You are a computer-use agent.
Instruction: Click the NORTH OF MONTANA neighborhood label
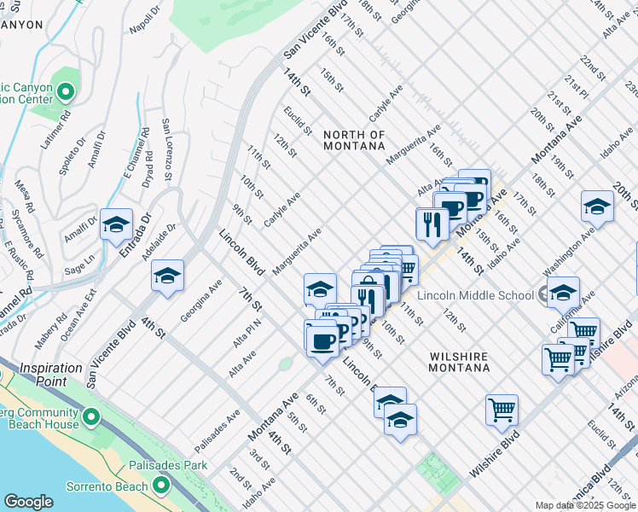[354, 140]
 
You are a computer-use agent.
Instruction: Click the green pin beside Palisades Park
[160, 486]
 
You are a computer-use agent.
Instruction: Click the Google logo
[28, 502]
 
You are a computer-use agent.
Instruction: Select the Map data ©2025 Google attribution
[585, 505]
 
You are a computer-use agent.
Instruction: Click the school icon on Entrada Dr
[116, 225]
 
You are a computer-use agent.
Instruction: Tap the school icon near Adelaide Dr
[168, 276]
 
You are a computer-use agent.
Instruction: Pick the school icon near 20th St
[597, 207]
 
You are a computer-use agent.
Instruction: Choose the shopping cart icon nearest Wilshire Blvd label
[502, 410]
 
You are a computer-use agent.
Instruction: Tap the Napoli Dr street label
[144, 18]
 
